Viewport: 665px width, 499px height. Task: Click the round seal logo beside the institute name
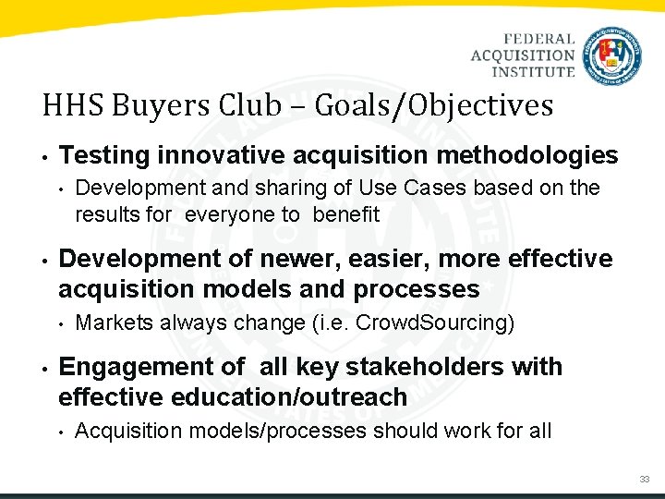(x=613, y=55)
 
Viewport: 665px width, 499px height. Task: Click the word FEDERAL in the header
(x=539, y=40)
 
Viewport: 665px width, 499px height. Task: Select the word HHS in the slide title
(x=70, y=105)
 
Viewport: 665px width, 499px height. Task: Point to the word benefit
(x=346, y=214)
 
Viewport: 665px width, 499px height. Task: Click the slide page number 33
(x=644, y=479)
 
